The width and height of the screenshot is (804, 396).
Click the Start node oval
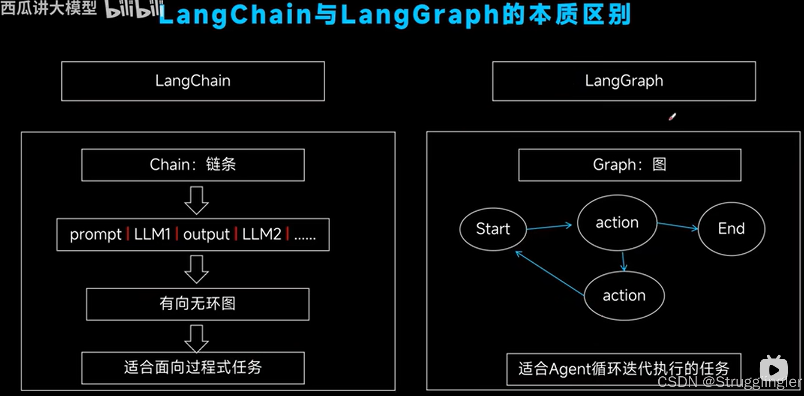(x=493, y=229)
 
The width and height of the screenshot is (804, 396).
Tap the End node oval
(x=731, y=229)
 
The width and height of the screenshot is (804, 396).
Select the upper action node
(x=617, y=222)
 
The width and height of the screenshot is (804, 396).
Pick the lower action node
(x=624, y=295)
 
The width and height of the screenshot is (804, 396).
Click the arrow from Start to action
(x=549, y=227)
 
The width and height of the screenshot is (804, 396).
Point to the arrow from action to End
(x=677, y=226)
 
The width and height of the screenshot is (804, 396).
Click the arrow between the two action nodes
(x=624, y=261)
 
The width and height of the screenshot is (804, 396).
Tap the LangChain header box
(x=193, y=81)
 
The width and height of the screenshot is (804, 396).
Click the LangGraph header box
(x=624, y=81)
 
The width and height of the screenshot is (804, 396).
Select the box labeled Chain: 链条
(x=193, y=165)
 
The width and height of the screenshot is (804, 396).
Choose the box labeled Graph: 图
(x=630, y=165)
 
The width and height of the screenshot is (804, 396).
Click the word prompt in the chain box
(x=96, y=234)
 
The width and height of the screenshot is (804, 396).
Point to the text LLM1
(x=152, y=234)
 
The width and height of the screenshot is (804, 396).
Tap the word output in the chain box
(x=207, y=234)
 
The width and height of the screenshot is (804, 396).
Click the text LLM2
(x=261, y=234)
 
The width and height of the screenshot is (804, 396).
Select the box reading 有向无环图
(x=198, y=304)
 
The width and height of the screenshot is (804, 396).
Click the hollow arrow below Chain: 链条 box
(x=196, y=200)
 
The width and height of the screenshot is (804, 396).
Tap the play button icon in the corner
(x=774, y=369)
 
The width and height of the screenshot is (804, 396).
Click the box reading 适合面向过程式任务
(x=193, y=368)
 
